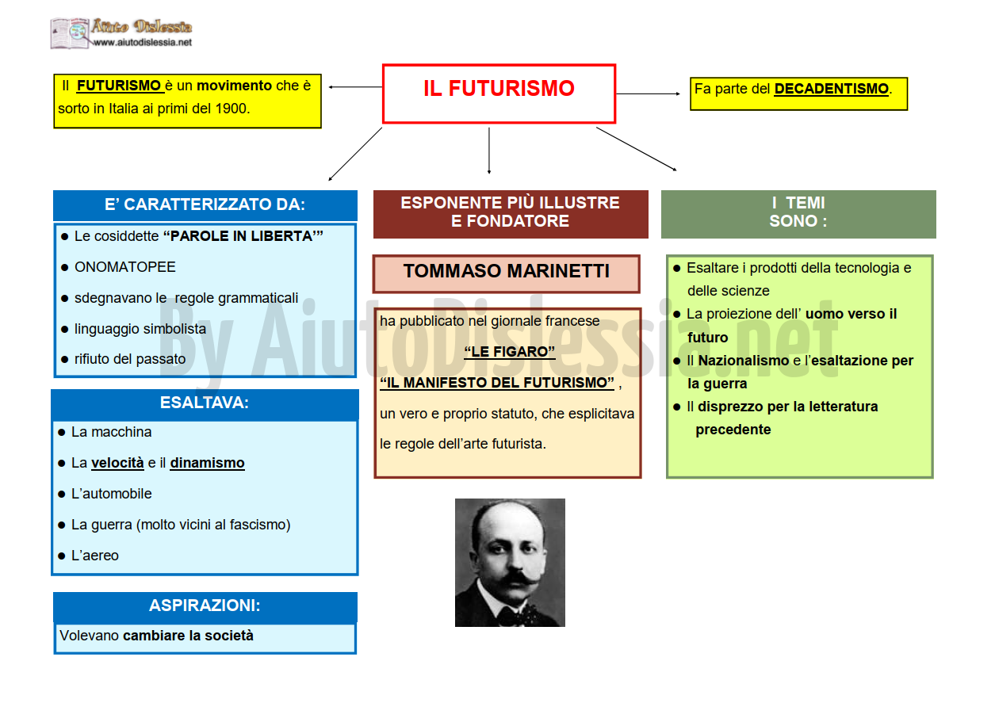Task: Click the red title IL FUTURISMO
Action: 499,88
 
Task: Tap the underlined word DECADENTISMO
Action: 831,89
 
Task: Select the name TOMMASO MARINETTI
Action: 507,271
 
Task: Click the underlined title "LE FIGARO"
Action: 510,352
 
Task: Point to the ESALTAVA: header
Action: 205,403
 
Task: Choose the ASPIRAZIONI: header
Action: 205,606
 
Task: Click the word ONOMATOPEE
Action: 124,267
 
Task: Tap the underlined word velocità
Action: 117,463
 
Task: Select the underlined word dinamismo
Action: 207,463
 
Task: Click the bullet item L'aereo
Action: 94,556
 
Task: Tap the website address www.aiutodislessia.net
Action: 143,42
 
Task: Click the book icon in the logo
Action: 71,32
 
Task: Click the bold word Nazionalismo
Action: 744,361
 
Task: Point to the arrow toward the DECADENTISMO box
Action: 648,94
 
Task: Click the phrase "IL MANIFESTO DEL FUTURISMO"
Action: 498,383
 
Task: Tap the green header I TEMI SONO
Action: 798,212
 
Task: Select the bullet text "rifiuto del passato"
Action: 130,359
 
